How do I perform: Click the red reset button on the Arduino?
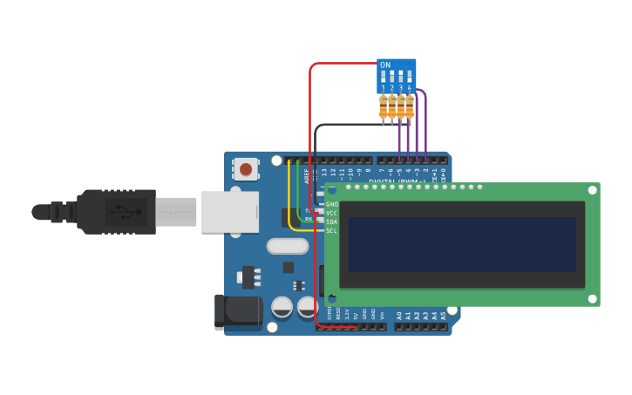click(246, 169)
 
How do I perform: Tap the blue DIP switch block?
click(397, 76)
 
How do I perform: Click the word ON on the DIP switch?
click(385, 65)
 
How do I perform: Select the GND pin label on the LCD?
click(332, 204)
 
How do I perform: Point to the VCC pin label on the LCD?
click(332, 213)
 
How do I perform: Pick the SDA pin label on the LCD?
click(332, 221)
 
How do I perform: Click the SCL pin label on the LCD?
click(332, 231)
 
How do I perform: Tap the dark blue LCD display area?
click(462, 245)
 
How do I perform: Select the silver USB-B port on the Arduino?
click(229, 212)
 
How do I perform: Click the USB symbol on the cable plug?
click(119, 211)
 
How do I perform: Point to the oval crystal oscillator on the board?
click(288, 246)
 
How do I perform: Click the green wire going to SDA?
click(299, 196)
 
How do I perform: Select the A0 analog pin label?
click(399, 315)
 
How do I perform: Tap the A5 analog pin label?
click(443, 315)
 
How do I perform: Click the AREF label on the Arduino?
click(307, 174)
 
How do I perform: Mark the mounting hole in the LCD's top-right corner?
click(592, 190)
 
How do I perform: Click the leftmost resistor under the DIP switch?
click(384, 108)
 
